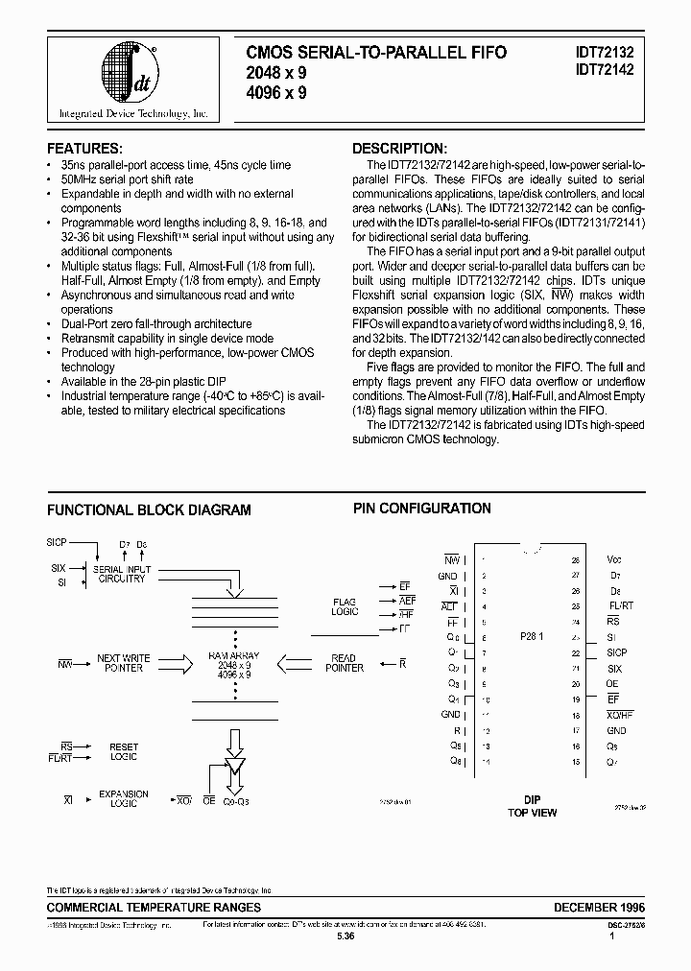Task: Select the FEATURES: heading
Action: click(x=84, y=149)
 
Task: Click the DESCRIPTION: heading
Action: click(x=398, y=149)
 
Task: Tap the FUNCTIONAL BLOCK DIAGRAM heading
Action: click(x=149, y=509)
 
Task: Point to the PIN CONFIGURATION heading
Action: click(x=421, y=509)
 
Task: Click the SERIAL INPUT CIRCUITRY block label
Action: click(x=122, y=574)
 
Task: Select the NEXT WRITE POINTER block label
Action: click(x=122, y=663)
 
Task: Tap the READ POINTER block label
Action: click(x=344, y=663)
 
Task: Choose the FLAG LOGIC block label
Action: click(x=344, y=607)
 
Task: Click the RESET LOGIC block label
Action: click(x=124, y=751)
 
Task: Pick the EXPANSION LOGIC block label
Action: click(x=124, y=798)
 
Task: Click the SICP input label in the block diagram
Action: click(x=57, y=542)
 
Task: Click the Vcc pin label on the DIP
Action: click(x=614, y=558)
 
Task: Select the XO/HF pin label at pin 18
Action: click(x=620, y=715)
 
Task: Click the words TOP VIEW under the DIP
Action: click(x=533, y=813)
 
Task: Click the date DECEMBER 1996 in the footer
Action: click(x=599, y=907)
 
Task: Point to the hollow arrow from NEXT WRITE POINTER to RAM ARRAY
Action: click(x=173, y=663)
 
